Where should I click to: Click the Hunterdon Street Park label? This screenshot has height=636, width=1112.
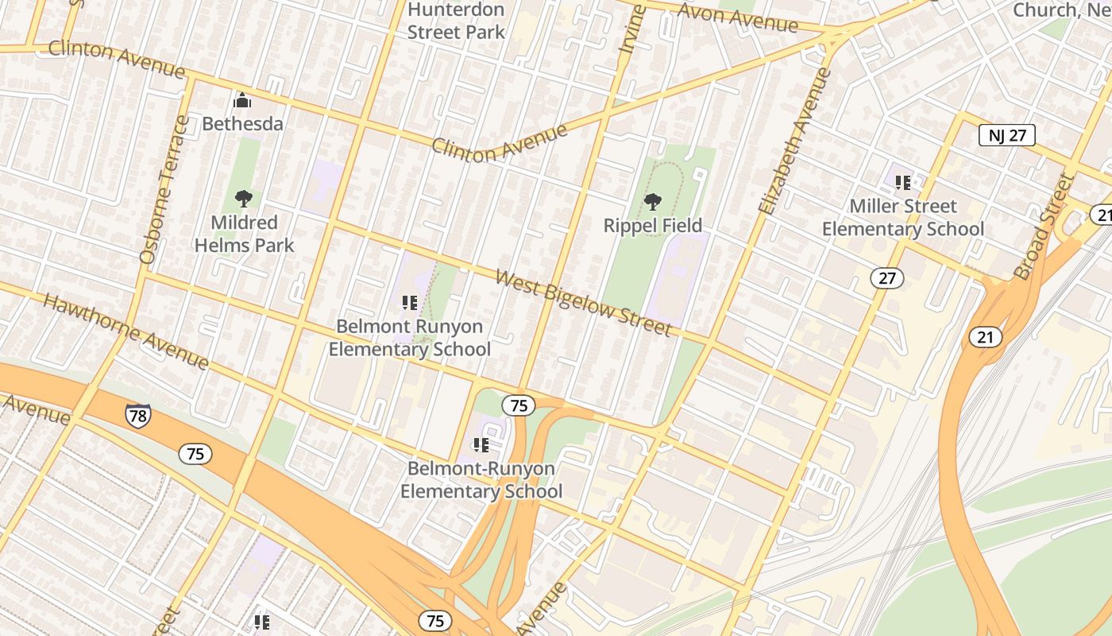tap(456, 21)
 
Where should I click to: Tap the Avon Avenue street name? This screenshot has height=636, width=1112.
tap(739, 17)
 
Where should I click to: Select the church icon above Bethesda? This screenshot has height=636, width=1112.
tap(242, 100)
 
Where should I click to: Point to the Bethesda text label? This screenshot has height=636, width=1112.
tap(242, 124)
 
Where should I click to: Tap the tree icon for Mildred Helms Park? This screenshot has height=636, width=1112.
tap(244, 199)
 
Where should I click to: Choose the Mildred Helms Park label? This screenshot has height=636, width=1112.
tap(244, 234)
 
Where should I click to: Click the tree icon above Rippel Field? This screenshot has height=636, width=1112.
tap(653, 202)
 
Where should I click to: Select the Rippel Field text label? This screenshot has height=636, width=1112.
tap(653, 226)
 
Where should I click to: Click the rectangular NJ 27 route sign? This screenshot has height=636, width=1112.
tap(1006, 135)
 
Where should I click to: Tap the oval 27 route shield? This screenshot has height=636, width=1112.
tap(886, 277)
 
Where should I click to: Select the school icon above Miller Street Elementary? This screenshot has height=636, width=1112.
tap(903, 183)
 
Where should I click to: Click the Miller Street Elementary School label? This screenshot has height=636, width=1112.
tap(903, 218)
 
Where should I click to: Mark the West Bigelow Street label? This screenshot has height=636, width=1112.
tap(584, 303)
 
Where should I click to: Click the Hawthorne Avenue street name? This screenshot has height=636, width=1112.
tap(125, 332)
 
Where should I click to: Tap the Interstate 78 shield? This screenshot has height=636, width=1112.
tap(137, 415)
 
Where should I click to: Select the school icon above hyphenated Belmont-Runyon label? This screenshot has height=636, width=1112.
tap(481, 444)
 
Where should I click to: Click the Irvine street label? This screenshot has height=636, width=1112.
tap(632, 30)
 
